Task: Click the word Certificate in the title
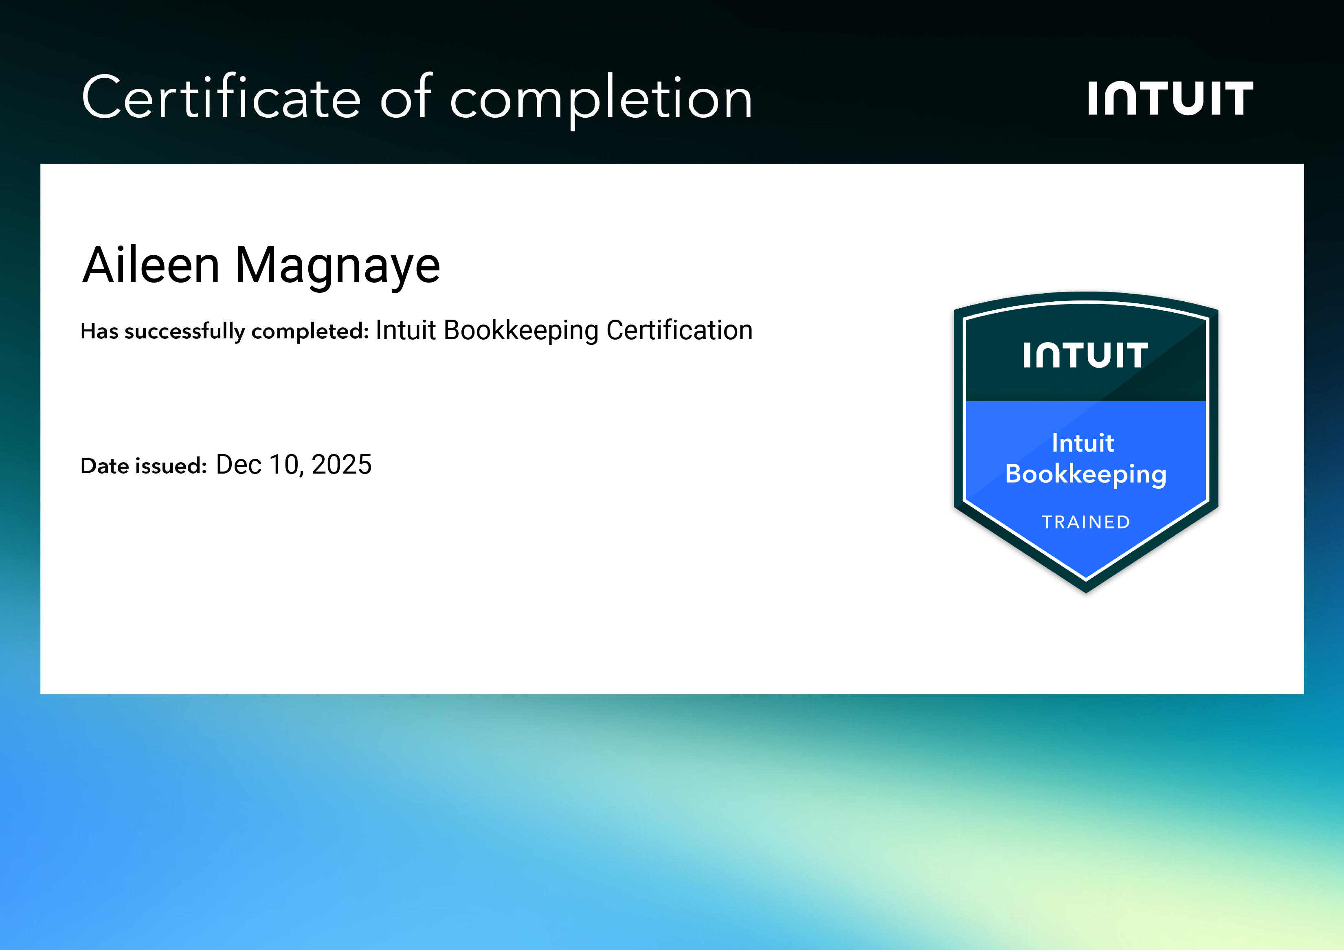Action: [x=221, y=97]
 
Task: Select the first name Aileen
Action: [x=151, y=265]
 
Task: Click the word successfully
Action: [x=184, y=331]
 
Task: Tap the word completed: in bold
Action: [x=310, y=331]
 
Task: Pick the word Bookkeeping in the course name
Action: [x=521, y=331]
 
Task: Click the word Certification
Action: [x=679, y=330]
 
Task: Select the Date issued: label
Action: [x=143, y=466]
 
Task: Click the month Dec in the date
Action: [x=238, y=465]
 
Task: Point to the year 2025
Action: [x=341, y=465]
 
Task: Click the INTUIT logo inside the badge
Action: [x=1085, y=355]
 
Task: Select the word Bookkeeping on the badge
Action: [x=1085, y=474]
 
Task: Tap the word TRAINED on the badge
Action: [x=1085, y=522]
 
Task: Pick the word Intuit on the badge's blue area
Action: [x=1083, y=443]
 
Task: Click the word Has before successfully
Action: [x=99, y=331]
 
